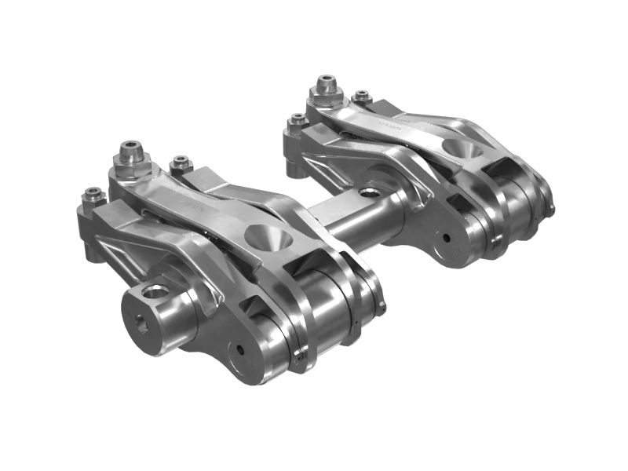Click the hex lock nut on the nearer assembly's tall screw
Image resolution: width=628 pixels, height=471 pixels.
coord(129,164)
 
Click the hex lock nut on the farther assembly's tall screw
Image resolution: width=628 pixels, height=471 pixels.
coord(323,95)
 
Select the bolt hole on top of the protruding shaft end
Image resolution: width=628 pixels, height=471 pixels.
coord(155,291)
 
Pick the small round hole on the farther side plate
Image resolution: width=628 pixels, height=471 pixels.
coord(445,235)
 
